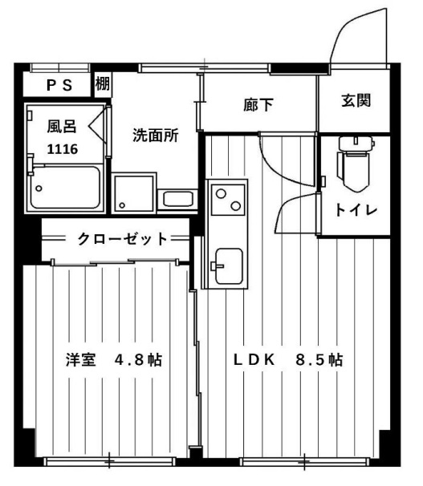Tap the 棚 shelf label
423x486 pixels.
103,83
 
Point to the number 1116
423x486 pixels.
62,149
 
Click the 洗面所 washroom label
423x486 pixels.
156,136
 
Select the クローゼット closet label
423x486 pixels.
123,237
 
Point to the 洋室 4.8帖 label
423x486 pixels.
113,360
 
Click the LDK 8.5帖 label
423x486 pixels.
288,360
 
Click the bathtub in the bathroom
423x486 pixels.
63,188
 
